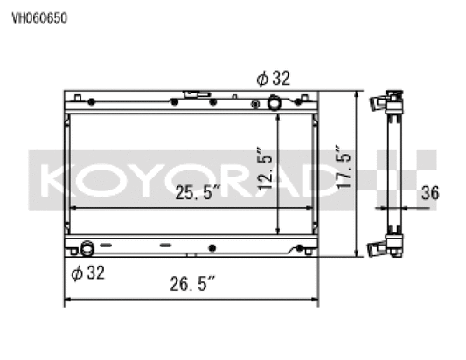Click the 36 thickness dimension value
coord(429,193)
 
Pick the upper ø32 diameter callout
coord(273,79)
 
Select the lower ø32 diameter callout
coord(87,273)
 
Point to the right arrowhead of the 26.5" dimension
coord(315,302)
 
